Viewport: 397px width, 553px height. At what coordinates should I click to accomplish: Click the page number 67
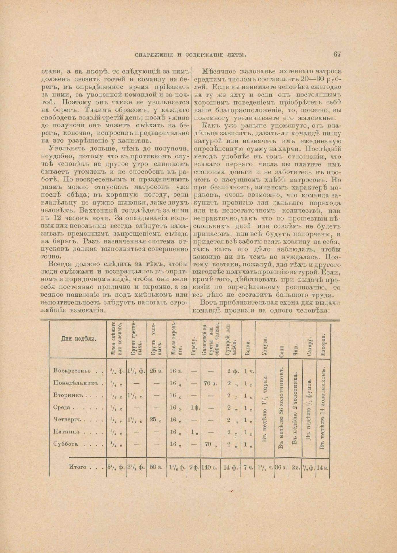pyautogui.click(x=337, y=54)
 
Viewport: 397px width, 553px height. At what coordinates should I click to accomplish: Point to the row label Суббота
pyautogui.click(x=66, y=444)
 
